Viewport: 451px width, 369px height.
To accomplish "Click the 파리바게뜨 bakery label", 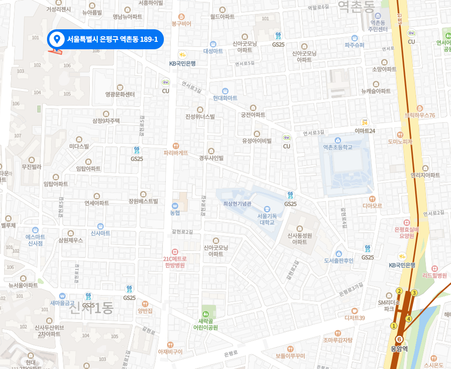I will [x=175, y=152].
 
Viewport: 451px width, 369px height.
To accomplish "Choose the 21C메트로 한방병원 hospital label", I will [x=175, y=262].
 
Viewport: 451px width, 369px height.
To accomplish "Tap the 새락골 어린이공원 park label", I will [x=206, y=324].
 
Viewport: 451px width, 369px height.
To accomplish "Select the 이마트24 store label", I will [x=365, y=131].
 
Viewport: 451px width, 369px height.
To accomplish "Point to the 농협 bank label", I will [x=175, y=212].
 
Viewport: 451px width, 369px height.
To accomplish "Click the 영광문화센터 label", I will [x=120, y=94].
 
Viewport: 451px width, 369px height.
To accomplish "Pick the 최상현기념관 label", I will [x=237, y=204].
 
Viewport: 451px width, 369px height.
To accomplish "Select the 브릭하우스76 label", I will [x=420, y=115].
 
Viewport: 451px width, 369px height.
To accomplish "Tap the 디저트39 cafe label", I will [x=355, y=317].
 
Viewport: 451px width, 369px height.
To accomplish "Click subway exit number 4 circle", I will [x=409, y=319].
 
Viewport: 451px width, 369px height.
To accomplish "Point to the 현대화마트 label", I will [x=225, y=98].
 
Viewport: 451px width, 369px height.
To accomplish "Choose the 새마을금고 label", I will [x=62, y=303].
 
